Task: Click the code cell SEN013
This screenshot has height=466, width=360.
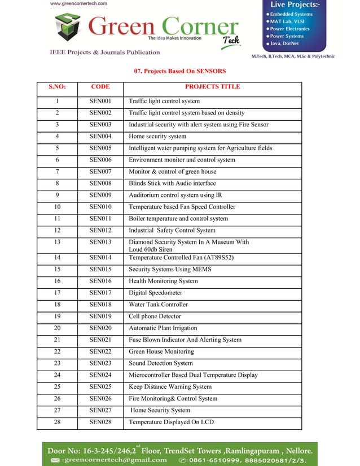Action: coord(100,242)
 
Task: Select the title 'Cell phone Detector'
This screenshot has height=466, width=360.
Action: coord(155,316)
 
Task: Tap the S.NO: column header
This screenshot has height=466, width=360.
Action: coord(57,87)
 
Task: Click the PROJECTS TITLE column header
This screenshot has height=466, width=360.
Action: coord(212,87)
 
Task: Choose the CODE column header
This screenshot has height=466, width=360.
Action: coord(100,87)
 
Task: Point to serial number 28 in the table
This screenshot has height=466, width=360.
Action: coord(57,422)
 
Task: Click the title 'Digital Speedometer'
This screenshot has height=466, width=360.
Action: coord(155,293)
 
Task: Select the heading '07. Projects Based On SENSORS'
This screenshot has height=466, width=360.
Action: coord(179,72)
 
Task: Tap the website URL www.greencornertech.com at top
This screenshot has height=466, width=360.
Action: coord(78,3)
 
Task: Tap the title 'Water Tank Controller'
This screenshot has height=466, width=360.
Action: coord(158,305)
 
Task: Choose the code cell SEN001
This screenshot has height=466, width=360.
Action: coord(100,102)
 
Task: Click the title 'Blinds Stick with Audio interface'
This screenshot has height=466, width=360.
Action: coord(172,183)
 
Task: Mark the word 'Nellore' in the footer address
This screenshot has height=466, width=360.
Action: coord(293,451)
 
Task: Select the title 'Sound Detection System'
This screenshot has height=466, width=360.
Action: coord(160,363)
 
